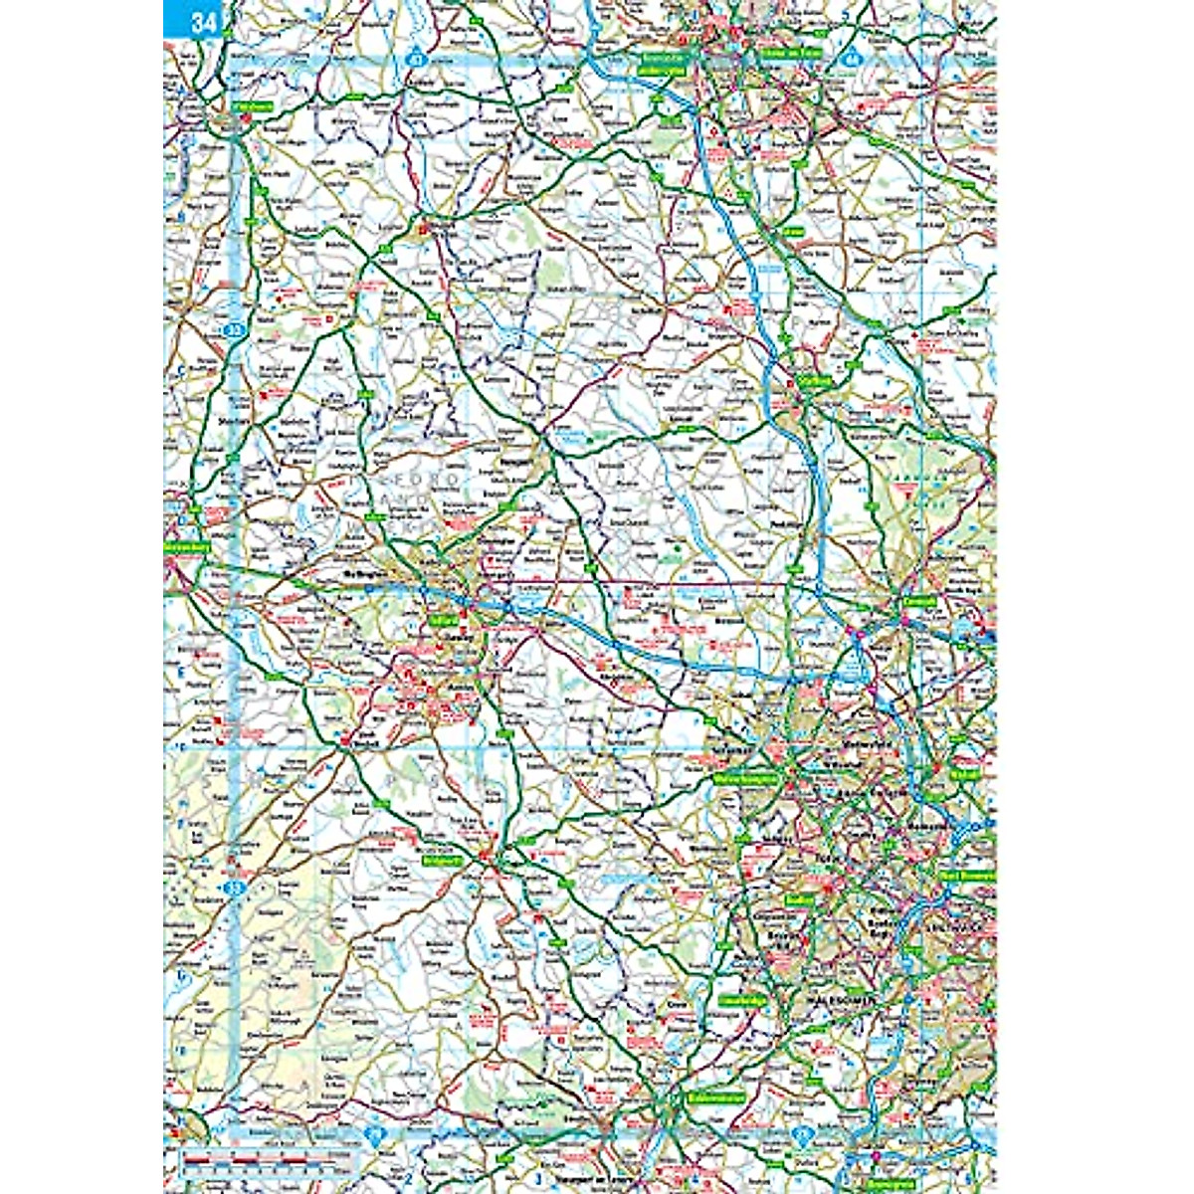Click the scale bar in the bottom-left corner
click(x=269, y=1159)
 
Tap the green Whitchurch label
click(x=253, y=104)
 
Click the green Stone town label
click(x=792, y=232)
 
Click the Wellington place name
click(x=362, y=574)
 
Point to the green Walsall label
click(x=964, y=772)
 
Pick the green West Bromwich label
click(x=963, y=879)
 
